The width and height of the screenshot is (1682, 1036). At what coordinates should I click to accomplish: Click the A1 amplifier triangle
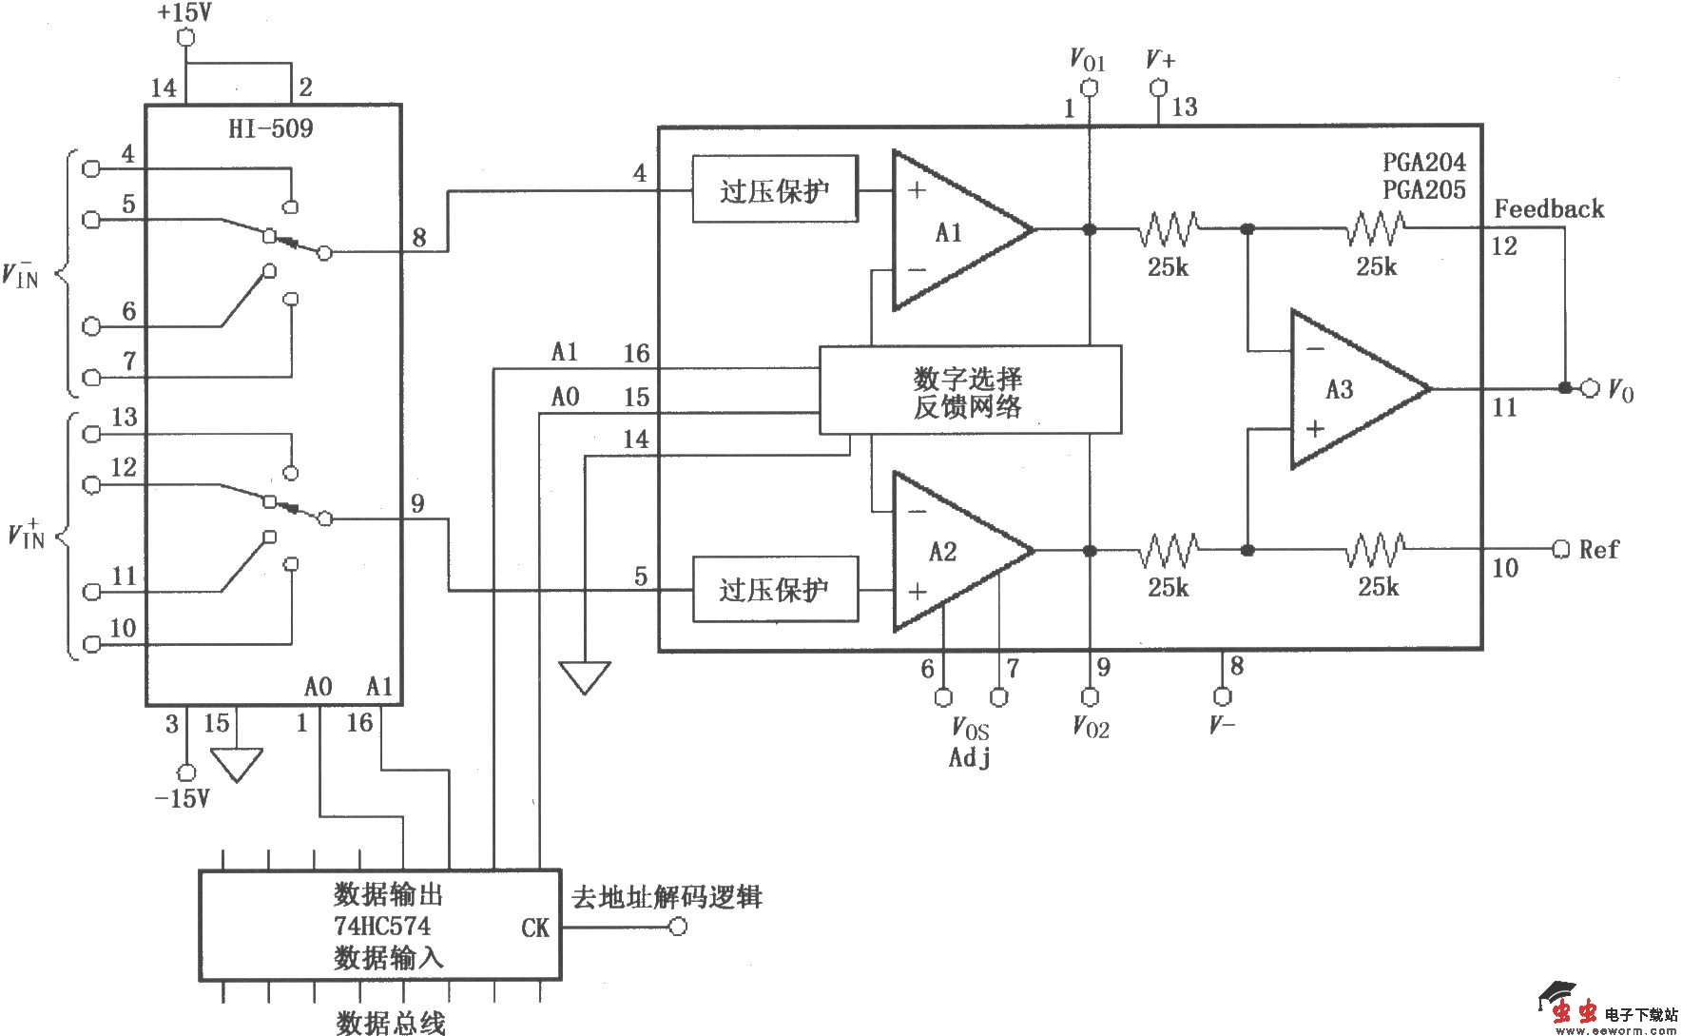pyautogui.click(x=951, y=231)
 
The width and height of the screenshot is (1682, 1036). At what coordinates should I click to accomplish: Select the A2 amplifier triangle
pyautogui.click(x=951, y=552)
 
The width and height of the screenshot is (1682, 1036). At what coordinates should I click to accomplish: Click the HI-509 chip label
pyautogui.click(x=271, y=128)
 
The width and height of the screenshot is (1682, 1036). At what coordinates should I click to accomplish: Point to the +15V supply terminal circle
pyautogui.click(x=186, y=38)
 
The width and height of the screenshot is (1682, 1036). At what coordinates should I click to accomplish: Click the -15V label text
pyautogui.click(x=182, y=798)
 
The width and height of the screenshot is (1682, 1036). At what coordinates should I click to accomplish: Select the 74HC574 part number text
pyautogui.click(x=382, y=926)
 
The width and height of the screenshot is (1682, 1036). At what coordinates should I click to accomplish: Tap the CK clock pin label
pyautogui.click(x=534, y=928)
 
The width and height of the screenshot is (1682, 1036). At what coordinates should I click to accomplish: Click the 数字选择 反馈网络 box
pyautogui.click(x=970, y=390)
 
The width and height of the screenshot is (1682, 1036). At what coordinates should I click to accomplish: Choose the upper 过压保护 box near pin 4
pyautogui.click(x=775, y=189)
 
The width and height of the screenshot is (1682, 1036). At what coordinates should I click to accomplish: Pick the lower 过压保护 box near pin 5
pyautogui.click(x=775, y=590)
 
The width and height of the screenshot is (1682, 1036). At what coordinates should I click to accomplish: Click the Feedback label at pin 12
pyautogui.click(x=1549, y=209)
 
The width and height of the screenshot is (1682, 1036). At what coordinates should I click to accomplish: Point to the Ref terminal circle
pyautogui.click(x=1560, y=550)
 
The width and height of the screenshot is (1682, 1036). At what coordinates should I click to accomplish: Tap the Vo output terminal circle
pyautogui.click(x=1590, y=388)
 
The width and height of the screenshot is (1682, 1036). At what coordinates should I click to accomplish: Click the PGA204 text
pyautogui.click(x=1424, y=162)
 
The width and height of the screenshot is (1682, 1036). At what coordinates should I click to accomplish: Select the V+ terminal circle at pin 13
pyautogui.click(x=1158, y=88)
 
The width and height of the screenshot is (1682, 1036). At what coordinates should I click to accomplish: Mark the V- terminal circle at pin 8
pyautogui.click(x=1223, y=696)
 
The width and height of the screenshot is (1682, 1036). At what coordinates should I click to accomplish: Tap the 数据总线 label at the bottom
pyautogui.click(x=391, y=1023)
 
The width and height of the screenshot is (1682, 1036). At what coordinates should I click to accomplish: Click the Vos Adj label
pyautogui.click(x=970, y=743)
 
